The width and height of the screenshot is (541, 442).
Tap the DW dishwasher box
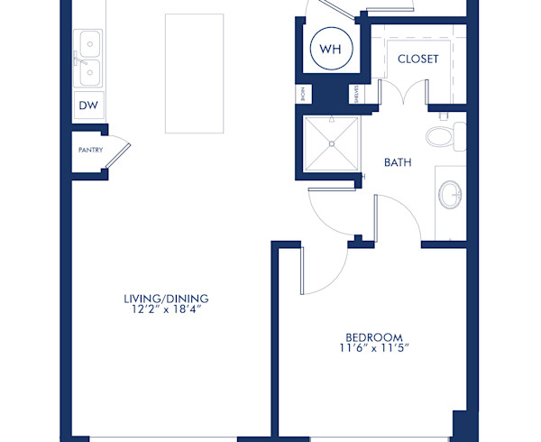click(88, 106)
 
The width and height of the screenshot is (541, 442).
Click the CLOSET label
click(417, 60)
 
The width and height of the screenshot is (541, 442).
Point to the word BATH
click(399, 163)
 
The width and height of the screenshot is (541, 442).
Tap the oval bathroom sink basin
click(449, 192)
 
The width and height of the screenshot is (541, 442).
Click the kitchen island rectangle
click(194, 72)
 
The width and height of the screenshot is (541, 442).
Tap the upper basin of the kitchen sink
click(88, 41)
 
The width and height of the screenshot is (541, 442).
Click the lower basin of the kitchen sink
click(88, 70)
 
